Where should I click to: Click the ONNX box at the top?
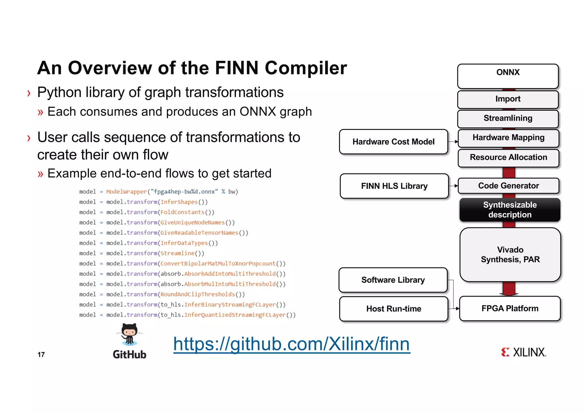(x=508, y=76)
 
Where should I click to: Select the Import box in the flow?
(x=508, y=99)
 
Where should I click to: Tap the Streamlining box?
(x=508, y=118)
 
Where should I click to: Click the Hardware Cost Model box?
(x=393, y=142)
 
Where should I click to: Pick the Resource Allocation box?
(x=508, y=157)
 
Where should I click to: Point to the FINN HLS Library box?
(x=394, y=186)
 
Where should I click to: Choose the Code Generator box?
(x=508, y=186)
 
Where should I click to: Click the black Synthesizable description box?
(x=510, y=210)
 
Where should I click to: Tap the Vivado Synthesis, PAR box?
(x=510, y=254)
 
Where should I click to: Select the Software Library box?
(x=393, y=280)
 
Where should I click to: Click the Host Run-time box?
(x=394, y=309)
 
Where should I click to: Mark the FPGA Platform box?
(x=510, y=308)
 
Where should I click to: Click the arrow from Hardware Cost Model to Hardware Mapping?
(x=453, y=142)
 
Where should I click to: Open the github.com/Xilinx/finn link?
(x=291, y=344)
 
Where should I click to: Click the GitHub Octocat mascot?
(x=129, y=334)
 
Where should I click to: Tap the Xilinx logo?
(x=524, y=352)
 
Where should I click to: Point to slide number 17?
(x=41, y=355)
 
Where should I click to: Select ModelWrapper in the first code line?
(x=126, y=192)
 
